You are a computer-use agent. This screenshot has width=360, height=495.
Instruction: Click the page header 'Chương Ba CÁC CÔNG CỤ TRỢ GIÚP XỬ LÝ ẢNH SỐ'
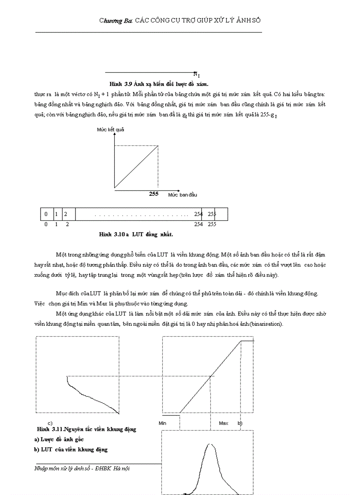[x=183, y=20]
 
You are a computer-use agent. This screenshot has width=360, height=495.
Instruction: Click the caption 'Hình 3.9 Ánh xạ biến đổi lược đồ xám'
[x=159, y=83]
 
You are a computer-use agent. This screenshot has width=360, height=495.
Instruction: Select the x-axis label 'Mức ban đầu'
[x=182, y=194]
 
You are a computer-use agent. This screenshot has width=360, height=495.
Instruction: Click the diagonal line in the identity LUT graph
[x=136, y=167]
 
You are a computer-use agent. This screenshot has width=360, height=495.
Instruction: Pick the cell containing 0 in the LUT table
[x=46, y=214]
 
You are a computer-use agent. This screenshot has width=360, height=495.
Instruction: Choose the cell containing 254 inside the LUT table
[x=198, y=214]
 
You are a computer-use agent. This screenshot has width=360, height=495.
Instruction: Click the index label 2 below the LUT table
[x=67, y=224]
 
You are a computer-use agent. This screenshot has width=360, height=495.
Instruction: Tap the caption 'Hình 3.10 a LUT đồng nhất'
[x=136, y=234]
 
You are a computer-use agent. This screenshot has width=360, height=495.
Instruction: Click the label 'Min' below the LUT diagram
[x=162, y=423]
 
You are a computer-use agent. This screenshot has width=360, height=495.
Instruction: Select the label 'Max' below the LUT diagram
[x=224, y=423]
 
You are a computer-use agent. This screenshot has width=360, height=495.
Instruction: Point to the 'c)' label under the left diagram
[x=50, y=423]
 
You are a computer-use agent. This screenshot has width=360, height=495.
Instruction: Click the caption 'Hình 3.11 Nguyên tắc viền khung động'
[x=86, y=429]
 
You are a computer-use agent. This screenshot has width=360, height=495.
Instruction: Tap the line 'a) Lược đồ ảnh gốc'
[x=59, y=439]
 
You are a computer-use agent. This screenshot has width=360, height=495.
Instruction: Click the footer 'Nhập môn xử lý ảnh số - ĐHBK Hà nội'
[x=82, y=469]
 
